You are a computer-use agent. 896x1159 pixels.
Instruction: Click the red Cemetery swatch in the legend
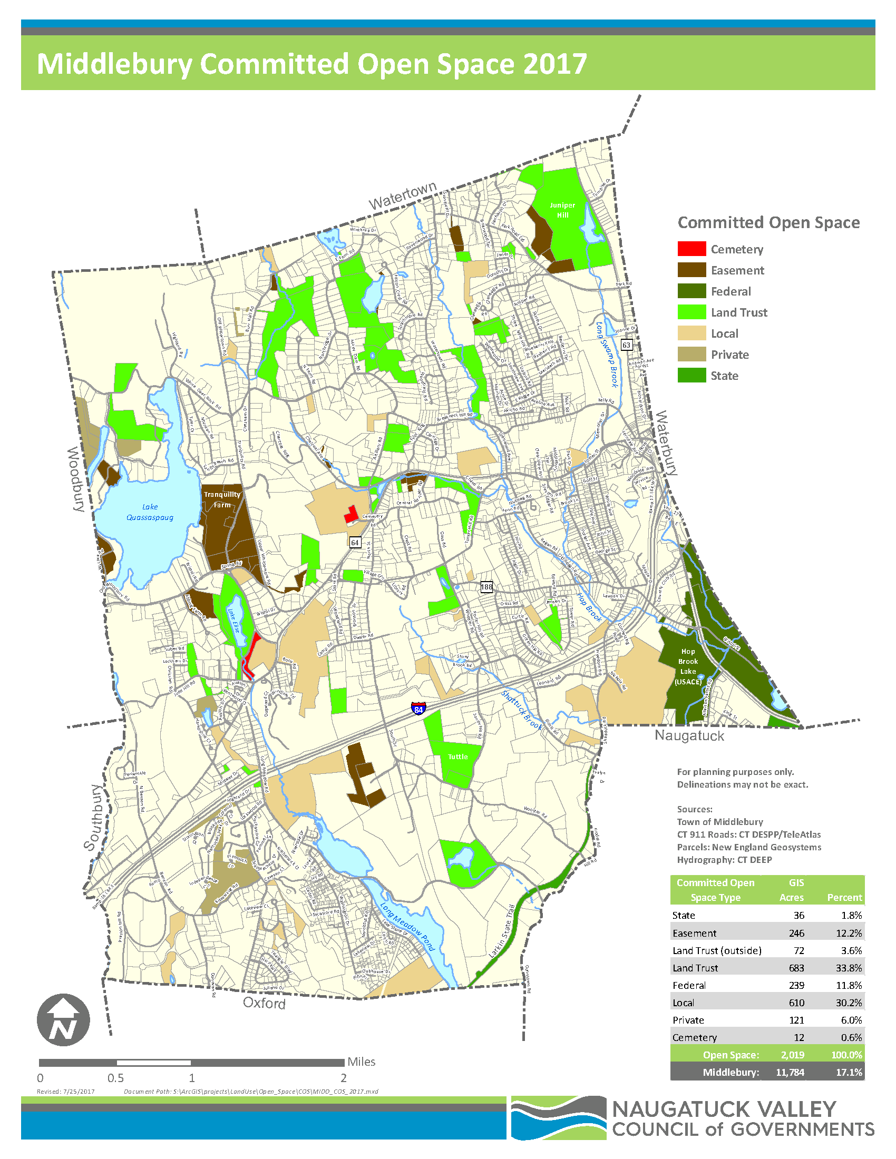point(691,249)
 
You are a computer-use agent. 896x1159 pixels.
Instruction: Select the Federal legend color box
point(691,291)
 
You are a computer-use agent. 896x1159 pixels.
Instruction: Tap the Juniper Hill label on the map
point(562,210)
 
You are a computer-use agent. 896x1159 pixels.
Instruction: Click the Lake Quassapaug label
point(150,512)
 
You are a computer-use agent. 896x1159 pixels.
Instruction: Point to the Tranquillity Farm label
point(222,499)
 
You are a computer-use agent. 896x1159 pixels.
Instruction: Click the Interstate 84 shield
point(418,709)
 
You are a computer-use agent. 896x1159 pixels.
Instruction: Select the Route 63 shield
point(626,345)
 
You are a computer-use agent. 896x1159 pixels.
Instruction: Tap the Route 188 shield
point(486,586)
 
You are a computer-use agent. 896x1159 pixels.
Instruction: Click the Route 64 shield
point(355,542)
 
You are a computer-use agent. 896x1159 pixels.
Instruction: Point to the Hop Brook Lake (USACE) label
point(688,666)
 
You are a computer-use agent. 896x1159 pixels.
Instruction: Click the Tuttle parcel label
point(457,757)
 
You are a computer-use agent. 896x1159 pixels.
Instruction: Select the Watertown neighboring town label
point(402,195)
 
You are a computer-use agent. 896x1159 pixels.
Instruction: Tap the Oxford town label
point(264,1003)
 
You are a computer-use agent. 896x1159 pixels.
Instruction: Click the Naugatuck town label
point(689,735)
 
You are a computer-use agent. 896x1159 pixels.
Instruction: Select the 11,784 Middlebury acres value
point(790,1072)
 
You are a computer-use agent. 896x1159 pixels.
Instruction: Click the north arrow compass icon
point(63,1020)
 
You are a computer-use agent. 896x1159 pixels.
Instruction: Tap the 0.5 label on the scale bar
point(116,1078)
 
